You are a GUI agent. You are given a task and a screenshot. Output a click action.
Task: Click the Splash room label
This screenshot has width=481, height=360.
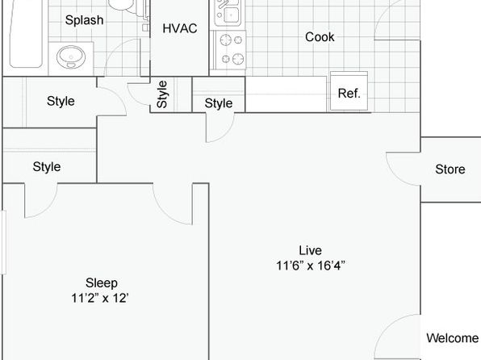85,20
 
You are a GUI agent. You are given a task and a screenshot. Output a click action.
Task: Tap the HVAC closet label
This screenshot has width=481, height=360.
180,28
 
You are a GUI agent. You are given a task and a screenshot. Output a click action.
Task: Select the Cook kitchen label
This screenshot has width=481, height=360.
320,37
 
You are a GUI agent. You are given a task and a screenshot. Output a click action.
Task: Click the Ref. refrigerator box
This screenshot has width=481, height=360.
349,91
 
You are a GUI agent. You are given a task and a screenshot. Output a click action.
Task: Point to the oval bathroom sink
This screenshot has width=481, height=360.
71,57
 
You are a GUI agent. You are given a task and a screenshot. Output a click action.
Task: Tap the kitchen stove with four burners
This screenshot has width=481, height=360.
231,50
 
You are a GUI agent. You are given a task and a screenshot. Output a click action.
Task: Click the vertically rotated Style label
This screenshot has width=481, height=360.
162,94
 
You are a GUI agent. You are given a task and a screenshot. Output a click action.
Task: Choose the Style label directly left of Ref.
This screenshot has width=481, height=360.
219,103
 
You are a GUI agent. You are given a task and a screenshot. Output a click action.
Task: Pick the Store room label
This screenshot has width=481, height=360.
450,170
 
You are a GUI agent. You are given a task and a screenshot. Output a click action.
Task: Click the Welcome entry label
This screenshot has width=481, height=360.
453,338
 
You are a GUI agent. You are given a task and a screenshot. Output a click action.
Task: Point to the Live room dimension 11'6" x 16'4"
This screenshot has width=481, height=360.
311,266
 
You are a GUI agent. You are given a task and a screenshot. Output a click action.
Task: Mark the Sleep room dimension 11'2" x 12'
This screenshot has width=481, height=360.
100,298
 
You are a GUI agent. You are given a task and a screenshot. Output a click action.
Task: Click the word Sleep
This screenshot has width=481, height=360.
102,283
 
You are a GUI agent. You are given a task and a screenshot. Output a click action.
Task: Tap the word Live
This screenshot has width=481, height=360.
311,250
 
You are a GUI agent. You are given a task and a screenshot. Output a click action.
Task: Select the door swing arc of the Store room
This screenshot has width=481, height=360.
395,176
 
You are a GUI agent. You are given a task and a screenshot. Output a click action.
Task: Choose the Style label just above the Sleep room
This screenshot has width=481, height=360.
47,166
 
